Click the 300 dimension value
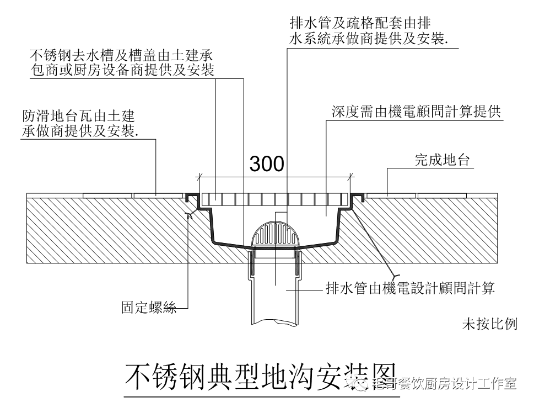click(x=267, y=164)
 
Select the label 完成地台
click(x=441, y=161)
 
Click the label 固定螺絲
click(x=149, y=308)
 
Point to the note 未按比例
click(x=489, y=324)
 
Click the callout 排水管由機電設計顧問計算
click(x=410, y=288)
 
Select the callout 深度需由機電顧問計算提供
click(x=416, y=112)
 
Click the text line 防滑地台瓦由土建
click(x=78, y=117)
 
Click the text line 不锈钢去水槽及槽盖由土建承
click(x=121, y=55)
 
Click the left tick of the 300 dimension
click(x=199, y=177)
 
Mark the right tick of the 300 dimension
click(x=351, y=177)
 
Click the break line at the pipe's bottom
click(x=276, y=321)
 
